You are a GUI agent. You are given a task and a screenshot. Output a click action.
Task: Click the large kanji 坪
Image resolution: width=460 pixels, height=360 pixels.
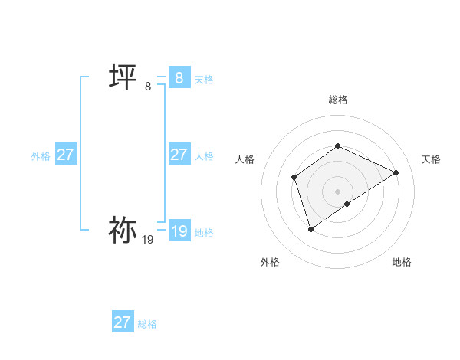click(123, 77)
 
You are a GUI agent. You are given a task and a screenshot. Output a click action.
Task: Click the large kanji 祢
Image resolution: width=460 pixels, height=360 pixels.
click(123, 230)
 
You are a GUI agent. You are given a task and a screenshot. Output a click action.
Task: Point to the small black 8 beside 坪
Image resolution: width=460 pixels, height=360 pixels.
click(148, 87)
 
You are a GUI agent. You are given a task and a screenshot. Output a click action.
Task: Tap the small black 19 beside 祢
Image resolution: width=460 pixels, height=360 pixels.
click(148, 240)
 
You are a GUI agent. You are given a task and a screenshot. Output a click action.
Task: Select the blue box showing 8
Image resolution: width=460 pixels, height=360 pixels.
click(179, 77)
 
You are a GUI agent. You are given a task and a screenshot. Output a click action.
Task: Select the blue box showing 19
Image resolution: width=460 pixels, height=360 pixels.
click(179, 231)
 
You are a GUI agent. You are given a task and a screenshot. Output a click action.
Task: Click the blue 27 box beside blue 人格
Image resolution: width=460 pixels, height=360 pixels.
click(179, 155)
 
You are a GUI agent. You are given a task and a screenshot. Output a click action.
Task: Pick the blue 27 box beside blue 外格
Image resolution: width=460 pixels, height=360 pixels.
click(65, 155)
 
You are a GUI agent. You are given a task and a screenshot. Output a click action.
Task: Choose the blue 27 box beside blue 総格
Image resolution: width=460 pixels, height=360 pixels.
click(122, 322)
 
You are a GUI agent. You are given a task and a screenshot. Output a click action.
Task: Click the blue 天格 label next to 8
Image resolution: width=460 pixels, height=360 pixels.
click(204, 79)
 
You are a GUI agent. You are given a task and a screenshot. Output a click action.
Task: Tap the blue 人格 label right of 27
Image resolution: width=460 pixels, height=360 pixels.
click(204, 156)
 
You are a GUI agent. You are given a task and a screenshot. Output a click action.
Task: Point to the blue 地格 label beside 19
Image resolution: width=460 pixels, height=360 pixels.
click(204, 233)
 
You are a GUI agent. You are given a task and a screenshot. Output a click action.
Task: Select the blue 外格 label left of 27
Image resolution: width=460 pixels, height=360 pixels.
click(41, 156)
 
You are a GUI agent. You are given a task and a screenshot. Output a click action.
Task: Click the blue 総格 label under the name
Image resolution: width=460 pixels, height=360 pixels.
click(147, 324)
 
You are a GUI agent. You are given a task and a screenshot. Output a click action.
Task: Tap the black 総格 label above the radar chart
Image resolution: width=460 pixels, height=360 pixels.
click(338, 100)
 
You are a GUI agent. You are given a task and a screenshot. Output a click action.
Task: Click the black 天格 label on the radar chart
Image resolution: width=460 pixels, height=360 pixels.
click(432, 159)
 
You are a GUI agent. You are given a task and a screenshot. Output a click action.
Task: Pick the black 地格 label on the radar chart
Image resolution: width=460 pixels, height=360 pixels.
click(402, 262)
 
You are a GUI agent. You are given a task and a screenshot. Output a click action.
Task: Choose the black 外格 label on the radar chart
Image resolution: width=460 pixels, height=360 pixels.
click(270, 262)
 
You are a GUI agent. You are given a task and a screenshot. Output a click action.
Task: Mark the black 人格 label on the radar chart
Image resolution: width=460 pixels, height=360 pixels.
click(245, 159)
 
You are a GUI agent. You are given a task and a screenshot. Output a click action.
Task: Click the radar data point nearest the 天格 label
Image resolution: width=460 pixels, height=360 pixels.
click(396, 172)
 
